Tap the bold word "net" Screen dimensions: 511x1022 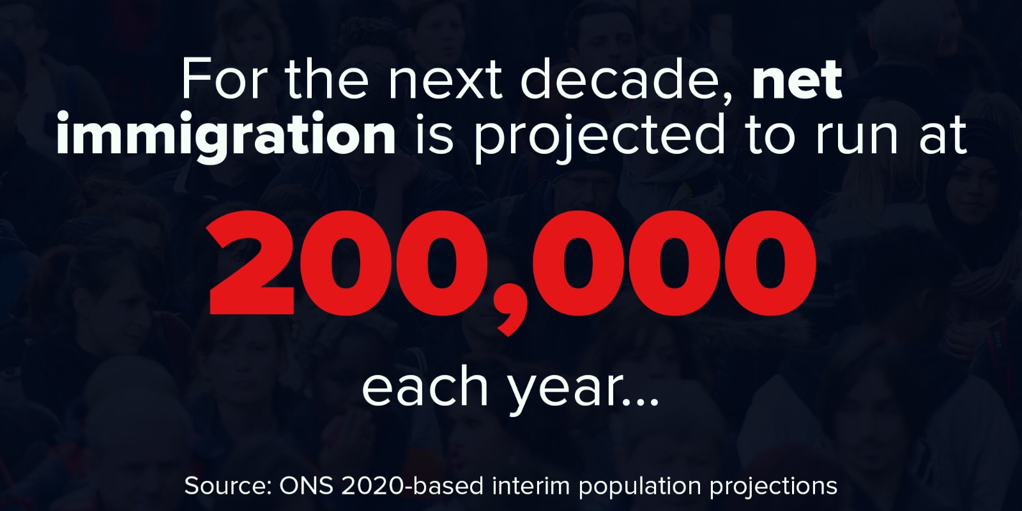[797, 79]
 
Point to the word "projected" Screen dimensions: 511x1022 [599, 135]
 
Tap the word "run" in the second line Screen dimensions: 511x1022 [856, 135]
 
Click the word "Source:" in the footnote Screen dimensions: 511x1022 [227, 486]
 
